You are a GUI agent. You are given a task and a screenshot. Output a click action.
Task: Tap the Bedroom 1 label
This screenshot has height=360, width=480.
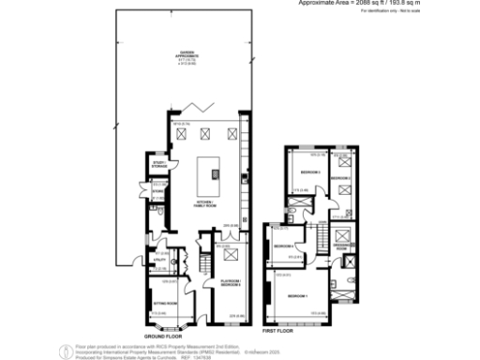click(x=296, y=296)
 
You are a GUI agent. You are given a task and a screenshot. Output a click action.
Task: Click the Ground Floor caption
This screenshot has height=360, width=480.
click(x=162, y=335)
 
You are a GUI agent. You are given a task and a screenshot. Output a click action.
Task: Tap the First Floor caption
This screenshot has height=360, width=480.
click(x=278, y=332)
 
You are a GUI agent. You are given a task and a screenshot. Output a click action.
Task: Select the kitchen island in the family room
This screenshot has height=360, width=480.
click(x=213, y=173)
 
